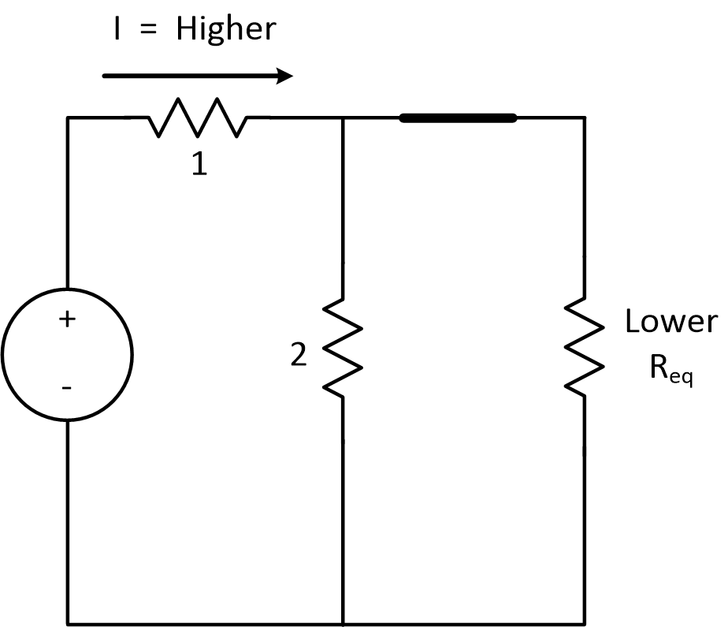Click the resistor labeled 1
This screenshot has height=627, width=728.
click(x=197, y=118)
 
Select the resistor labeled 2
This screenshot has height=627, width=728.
click(x=343, y=347)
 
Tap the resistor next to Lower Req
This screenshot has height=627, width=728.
click(x=584, y=347)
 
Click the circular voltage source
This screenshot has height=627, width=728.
click(x=67, y=354)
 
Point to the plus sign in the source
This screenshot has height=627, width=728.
click(x=67, y=319)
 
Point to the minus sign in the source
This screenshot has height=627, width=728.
click(x=67, y=388)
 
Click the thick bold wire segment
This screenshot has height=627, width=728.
click(x=458, y=118)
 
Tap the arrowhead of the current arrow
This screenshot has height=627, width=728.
click(x=284, y=77)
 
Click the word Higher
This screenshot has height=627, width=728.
click(x=226, y=29)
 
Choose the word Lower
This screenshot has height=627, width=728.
click(x=670, y=322)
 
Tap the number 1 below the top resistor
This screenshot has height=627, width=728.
click(x=199, y=164)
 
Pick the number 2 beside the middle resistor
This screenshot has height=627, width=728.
click(x=298, y=356)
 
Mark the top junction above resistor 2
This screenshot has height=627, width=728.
click(x=343, y=118)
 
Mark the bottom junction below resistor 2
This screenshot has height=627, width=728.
click(x=343, y=622)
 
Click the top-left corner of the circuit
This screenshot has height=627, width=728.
click(x=68, y=118)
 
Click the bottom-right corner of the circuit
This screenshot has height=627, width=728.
click(x=584, y=622)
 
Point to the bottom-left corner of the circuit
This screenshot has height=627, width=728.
click(x=68, y=622)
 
